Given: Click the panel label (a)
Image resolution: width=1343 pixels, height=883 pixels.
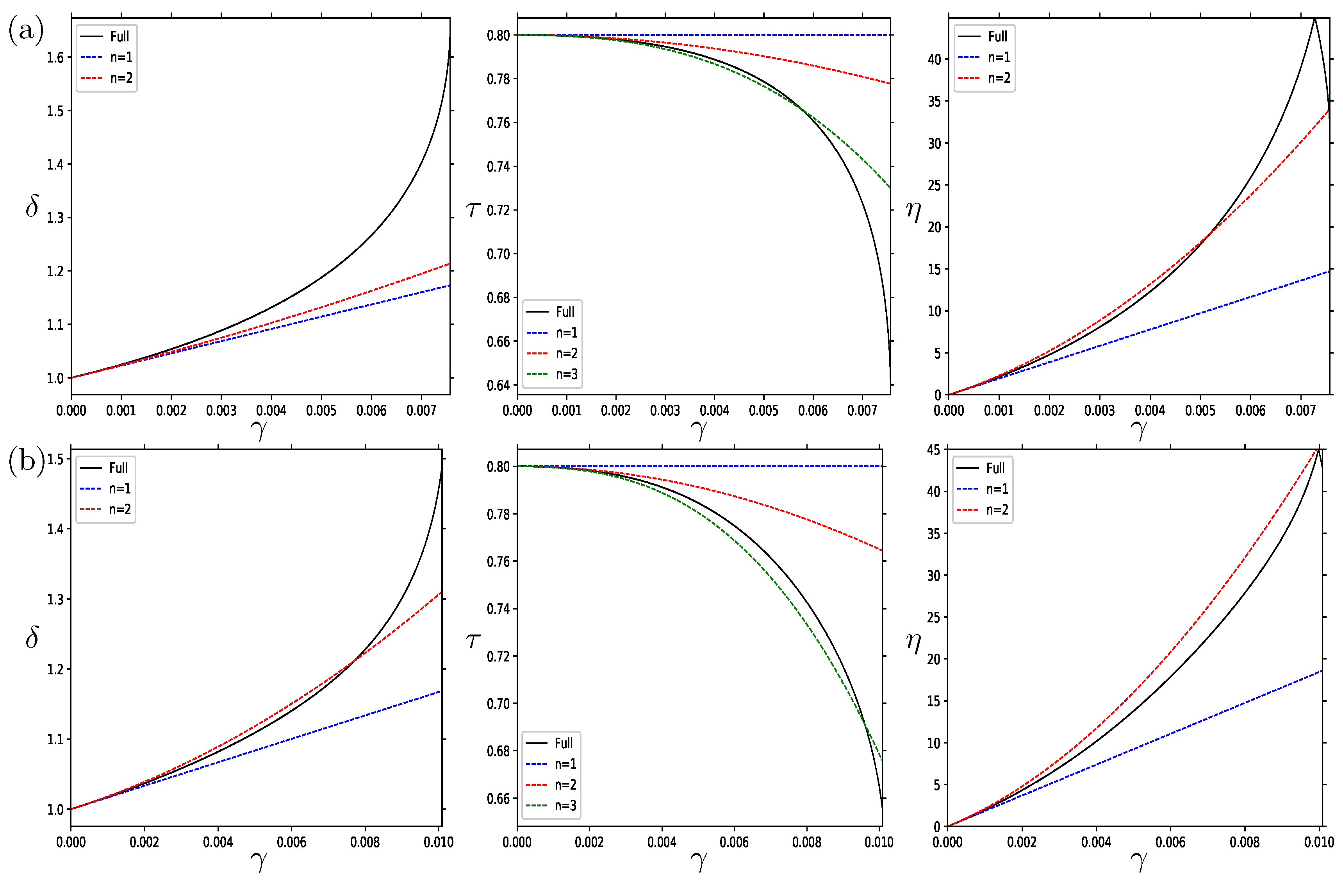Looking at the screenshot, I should [26, 30].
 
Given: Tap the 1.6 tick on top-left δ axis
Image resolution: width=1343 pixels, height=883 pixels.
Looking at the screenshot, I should [55, 57].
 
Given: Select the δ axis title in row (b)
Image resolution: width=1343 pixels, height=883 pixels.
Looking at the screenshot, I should [32, 637].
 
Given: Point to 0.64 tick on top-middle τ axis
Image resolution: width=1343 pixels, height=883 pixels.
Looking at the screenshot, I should [498, 386].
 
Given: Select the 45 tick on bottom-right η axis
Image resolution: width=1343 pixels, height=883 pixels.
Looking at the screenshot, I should [934, 450].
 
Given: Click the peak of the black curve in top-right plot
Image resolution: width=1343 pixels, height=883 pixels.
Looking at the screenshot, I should [1314, 19].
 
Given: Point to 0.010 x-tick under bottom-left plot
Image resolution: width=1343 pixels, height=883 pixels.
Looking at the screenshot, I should [439, 842].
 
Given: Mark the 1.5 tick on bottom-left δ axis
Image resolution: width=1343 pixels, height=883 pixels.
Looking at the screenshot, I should [55, 459].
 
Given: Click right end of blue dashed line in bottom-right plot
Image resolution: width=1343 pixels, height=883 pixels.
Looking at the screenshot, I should [1322, 671].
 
